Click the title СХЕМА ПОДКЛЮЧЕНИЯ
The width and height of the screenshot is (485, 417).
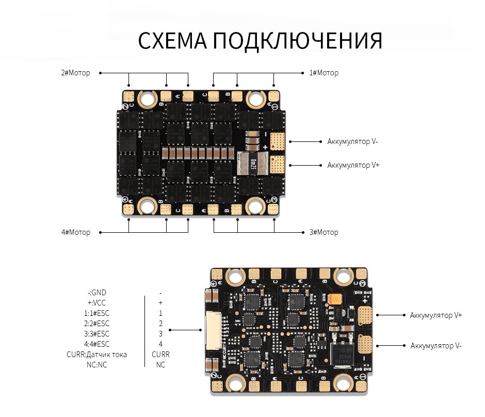(260, 41)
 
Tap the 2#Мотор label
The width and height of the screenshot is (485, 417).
(75, 73)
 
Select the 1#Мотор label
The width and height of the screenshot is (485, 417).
(324, 73)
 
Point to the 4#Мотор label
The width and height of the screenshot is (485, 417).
(75, 232)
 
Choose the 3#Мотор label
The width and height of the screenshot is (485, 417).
(324, 232)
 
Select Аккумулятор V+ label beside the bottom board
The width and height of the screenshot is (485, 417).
(435, 315)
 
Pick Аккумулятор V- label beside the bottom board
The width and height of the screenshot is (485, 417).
(435, 346)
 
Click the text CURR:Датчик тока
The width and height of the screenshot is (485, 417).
(96, 355)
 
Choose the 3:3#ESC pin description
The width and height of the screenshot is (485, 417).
(97, 334)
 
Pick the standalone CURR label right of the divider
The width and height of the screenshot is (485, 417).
(160, 355)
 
